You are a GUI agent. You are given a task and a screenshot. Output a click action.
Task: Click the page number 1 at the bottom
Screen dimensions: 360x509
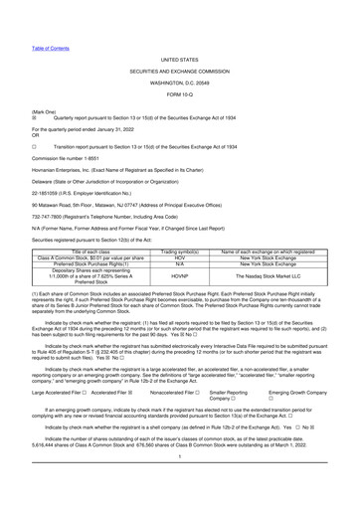coord(179,498)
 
